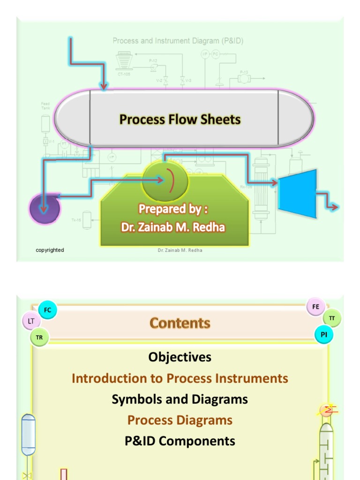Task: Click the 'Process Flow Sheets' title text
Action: pyautogui.click(x=180, y=120)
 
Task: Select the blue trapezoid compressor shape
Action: pyautogui.click(x=298, y=193)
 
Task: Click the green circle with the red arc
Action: pyautogui.click(x=165, y=180)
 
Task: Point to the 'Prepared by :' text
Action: pyautogui.click(x=173, y=208)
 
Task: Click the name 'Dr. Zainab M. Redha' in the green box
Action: pyautogui.click(x=173, y=227)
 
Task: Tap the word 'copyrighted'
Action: pyautogui.click(x=50, y=250)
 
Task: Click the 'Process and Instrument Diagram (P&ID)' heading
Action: pyautogui.click(x=178, y=41)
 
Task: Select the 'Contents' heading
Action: pyautogui.click(x=180, y=323)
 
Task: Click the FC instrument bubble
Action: pyautogui.click(x=47, y=310)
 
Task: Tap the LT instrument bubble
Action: pyautogui.click(x=31, y=321)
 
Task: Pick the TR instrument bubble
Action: pyautogui.click(x=39, y=337)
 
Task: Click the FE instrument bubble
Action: pyautogui.click(x=315, y=307)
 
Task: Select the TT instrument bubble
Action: pyautogui.click(x=332, y=318)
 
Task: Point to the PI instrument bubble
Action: pyautogui.click(x=324, y=335)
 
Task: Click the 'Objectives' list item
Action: pyautogui.click(x=180, y=357)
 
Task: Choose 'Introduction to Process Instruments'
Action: pyautogui.click(x=180, y=378)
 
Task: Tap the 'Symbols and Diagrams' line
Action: pyautogui.click(x=180, y=399)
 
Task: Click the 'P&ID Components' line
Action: pyautogui.click(x=180, y=441)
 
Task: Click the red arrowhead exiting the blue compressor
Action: pyautogui.click(x=334, y=207)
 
